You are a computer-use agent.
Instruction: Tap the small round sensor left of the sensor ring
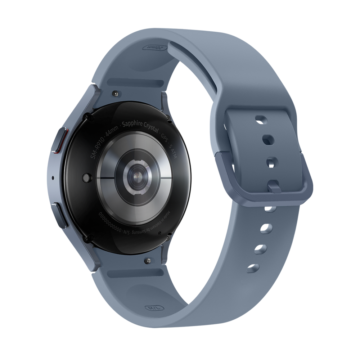86,177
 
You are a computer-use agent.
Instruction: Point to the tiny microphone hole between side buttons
53,177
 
